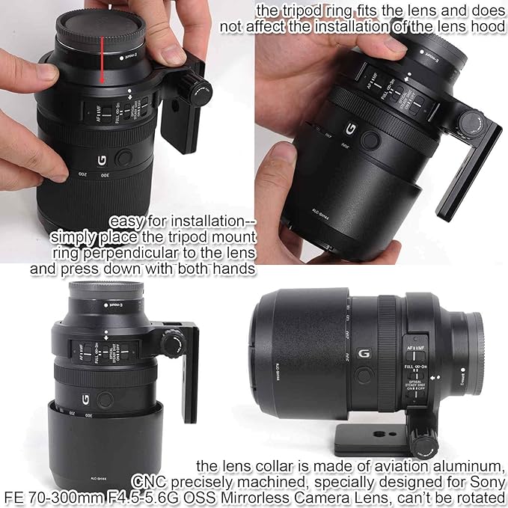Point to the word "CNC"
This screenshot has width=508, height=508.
pos(148,479)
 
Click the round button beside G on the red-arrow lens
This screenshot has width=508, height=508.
pos(124,156)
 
